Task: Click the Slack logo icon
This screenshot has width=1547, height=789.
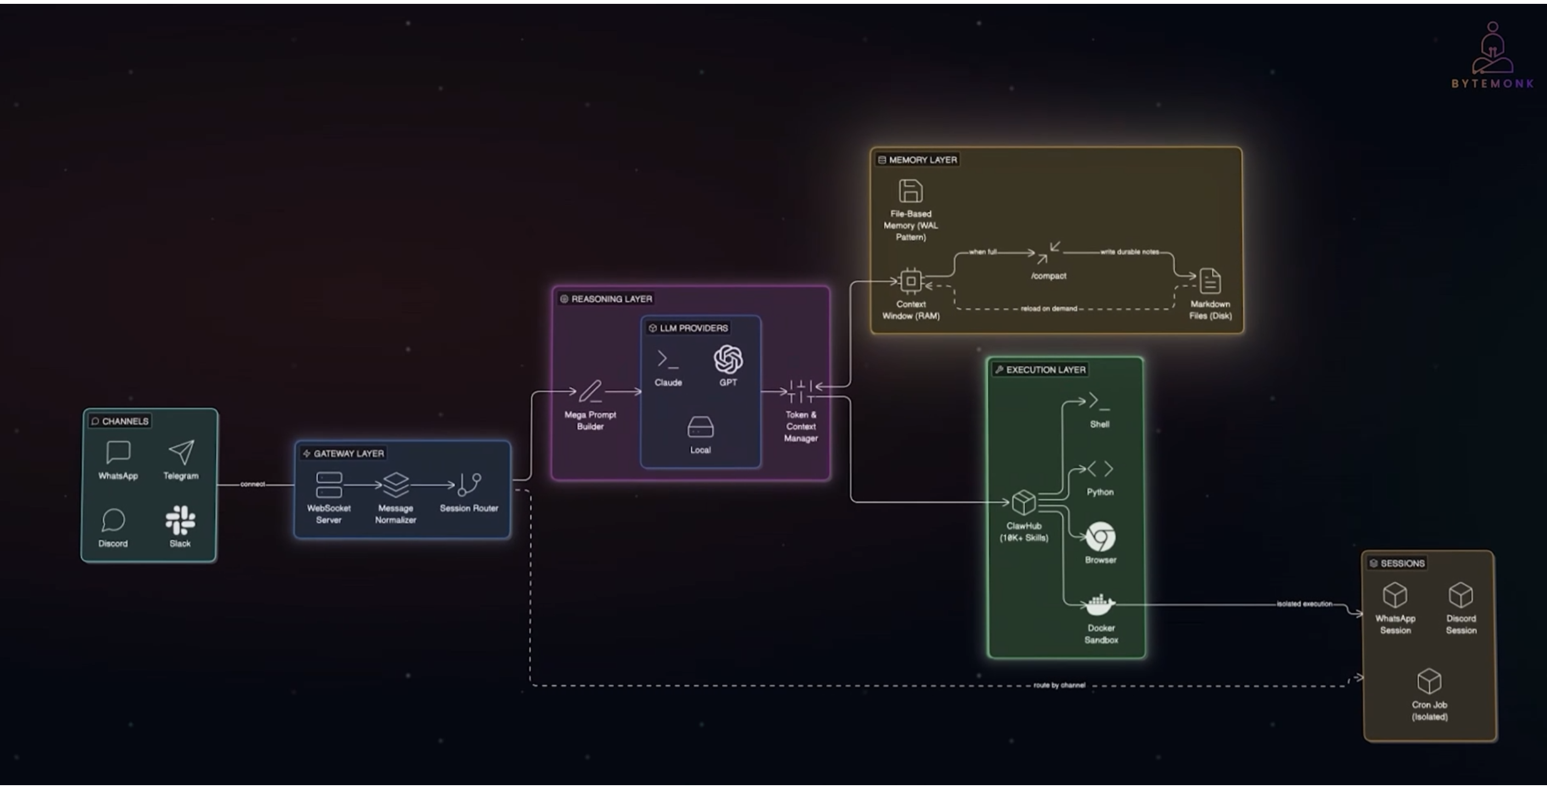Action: (x=180, y=520)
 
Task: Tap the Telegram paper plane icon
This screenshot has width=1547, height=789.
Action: (x=181, y=452)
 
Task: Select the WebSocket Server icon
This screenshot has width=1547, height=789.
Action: (x=328, y=484)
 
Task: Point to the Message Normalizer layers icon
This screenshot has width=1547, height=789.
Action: (x=396, y=484)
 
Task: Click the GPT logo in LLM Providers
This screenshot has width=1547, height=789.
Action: (x=728, y=359)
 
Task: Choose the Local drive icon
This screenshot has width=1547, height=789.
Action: (x=700, y=427)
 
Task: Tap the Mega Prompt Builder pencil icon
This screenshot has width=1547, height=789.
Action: (x=590, y=392)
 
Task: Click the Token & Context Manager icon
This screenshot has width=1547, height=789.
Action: (x=800, y=392)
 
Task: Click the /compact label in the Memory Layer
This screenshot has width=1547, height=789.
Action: (x=1049, y=276)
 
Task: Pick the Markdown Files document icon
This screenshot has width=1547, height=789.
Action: (x=1209, y=281)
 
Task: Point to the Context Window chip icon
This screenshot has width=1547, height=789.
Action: (x=911, y=281)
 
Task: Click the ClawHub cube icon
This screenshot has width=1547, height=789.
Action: (x=1023, y=502)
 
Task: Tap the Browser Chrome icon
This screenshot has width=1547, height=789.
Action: (x=1100, y=536)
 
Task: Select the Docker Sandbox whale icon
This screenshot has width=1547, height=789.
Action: (x=1100, y=605)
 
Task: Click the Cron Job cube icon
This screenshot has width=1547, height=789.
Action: (x=1429, y=682)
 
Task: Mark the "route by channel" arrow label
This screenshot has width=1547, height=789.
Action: (x=1059, y=685)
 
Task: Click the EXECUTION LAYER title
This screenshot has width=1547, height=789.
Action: (x=1045, y=370)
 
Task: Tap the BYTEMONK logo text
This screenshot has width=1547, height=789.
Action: (x=1492, y=83)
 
